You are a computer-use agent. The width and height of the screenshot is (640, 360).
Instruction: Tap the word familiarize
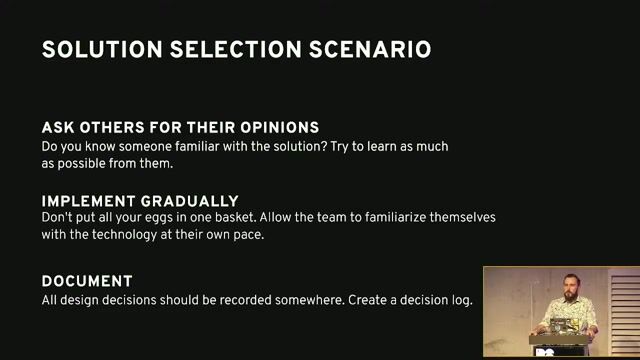click(x=390, y=218)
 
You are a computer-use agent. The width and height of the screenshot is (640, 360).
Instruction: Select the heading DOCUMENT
click(x=87, y=282)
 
